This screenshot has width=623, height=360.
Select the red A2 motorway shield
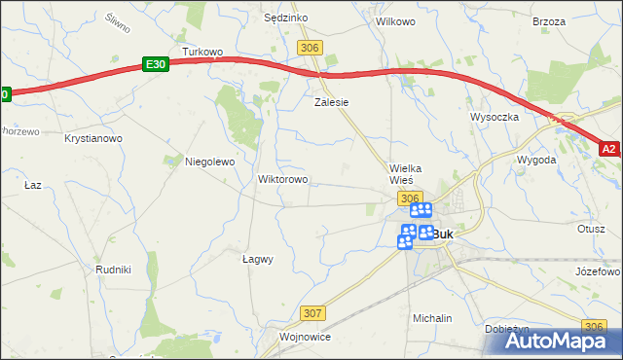click(x=609, y=149)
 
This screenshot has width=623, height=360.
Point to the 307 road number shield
click(x=311, y=312)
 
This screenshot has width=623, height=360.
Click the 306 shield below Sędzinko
click(x=311, y=48)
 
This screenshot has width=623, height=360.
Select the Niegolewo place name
click(x=210, y=162)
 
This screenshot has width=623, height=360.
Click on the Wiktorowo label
click(x=282, y=179)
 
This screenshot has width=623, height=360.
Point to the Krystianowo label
click(x=93, y=139)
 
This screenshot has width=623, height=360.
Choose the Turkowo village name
click(x=203, y=51)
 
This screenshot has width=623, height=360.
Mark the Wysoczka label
click(x=495, y=116)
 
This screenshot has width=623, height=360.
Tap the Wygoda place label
click(x=536, y=159)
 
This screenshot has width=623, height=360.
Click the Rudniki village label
click(x=113, y=270)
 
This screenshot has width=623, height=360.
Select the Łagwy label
click(x=257, y=259)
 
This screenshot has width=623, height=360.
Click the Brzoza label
click(x=549, y=20)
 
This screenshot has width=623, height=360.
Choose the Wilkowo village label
click(x=395, y=20)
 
